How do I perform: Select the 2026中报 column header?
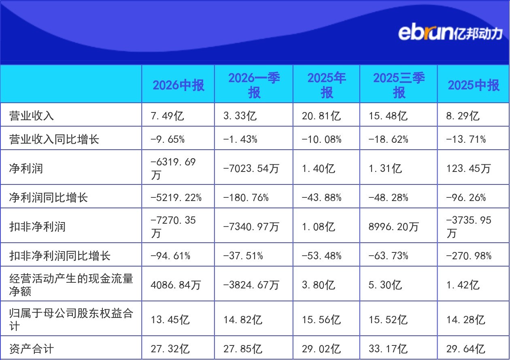[x=178, y=85]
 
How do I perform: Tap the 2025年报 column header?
[x=327, y=85]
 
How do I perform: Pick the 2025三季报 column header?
[x=399, y=85]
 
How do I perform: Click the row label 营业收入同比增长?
[x=54, y=139]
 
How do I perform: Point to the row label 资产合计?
[x=32, y=349]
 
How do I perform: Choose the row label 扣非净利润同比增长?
[x=60, y=256]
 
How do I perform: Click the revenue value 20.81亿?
[x=321, y=116]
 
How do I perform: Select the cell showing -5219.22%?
[x=176, y=197]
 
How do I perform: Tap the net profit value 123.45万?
[x=468, y=168]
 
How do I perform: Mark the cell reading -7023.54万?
[x=251, y=168]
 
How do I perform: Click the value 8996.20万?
[x=393, y=227]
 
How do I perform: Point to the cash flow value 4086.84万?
[x=176, y=285]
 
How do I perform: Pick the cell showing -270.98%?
[x=469, y=256]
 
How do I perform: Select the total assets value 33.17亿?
[x=388, y=349]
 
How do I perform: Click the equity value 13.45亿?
[x=170, y=320]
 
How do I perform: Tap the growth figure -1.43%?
[x=240, y=139]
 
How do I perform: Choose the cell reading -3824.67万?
[x=251, y=285]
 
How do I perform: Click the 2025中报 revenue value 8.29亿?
[x=463, y=116]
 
